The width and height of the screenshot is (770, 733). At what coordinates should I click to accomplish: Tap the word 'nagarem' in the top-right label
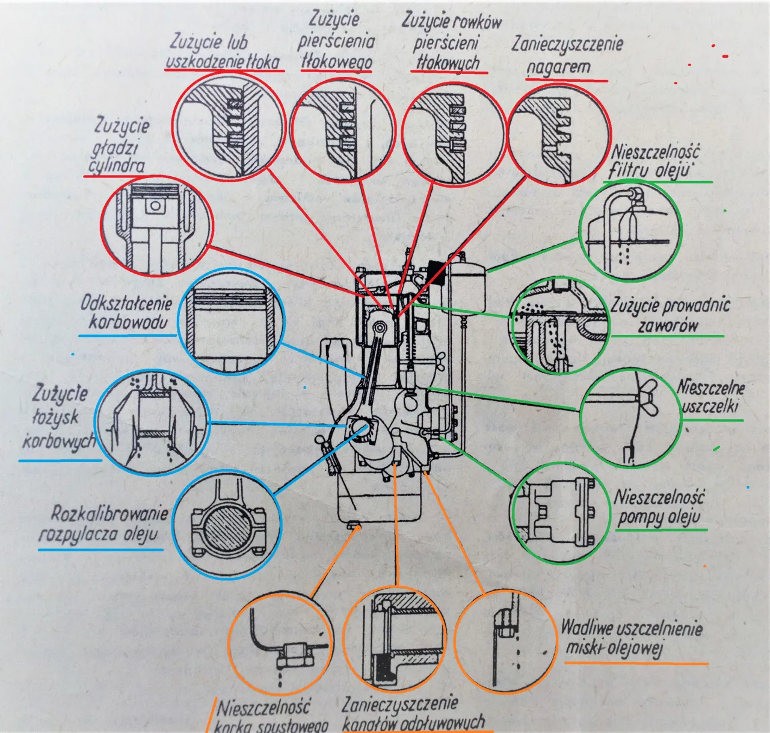(x=559, y=67)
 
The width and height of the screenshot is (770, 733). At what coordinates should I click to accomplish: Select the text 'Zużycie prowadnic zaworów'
(x=670, y=315)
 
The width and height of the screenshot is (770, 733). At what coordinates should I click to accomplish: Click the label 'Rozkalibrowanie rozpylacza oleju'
(x=103, y=524)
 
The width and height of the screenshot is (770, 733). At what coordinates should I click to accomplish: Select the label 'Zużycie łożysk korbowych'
(x=60, y=417)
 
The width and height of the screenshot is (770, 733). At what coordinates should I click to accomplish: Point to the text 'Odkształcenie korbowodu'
(x=126, y=312)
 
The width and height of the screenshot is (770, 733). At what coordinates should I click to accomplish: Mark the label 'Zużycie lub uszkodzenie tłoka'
(x=223, y=52)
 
